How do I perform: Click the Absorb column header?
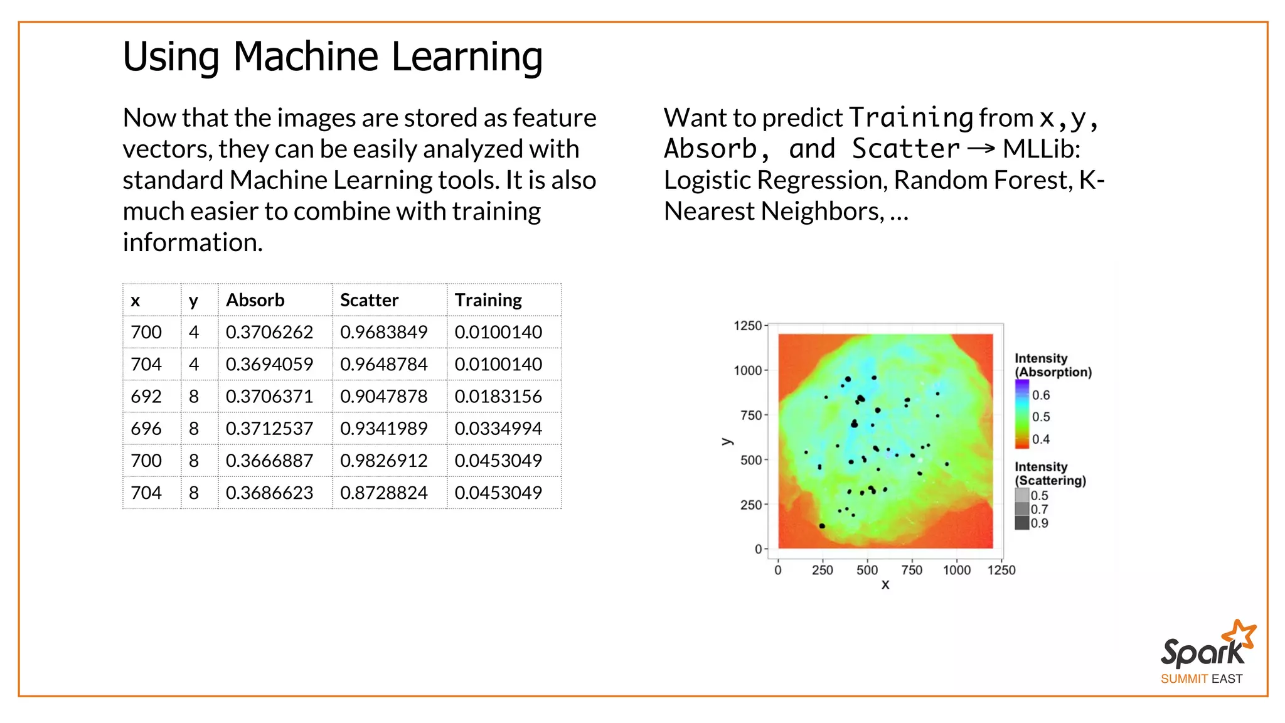[x=255, y=300]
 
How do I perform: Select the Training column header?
[x=488, y=300]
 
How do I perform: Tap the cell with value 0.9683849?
[x=383, y=332]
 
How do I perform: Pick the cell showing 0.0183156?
[x=498, y=396]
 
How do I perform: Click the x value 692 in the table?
[x=146, y=396]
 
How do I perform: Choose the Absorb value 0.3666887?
[x=269, y=461]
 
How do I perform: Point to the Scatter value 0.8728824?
[x=383, y=493]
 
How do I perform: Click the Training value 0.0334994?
[x=498, y=429]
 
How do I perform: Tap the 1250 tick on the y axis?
[x=747, y=326]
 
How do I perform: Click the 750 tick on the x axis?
[x=912, y=570]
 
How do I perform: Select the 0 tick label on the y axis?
[x=758, y=549]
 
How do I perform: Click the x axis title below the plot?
[x=885, y=585]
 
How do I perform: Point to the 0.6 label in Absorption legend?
[x=1041, y=395]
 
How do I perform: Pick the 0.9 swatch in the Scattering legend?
[x=1022, y=523]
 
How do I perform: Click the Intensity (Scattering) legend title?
[x=1050, y=474]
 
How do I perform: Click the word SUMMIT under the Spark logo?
[x=1184, y=679]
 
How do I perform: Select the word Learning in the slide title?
[x=467, y=56]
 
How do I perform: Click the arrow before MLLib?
[x=981, y=149]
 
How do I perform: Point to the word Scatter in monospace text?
[x=905, y=149]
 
